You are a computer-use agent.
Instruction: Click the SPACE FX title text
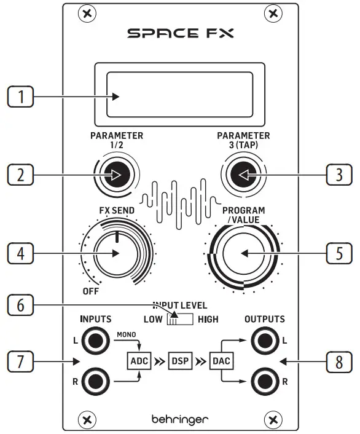coord(180,33)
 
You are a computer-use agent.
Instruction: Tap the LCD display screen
coord(180,96)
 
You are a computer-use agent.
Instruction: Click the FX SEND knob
coord(115,253)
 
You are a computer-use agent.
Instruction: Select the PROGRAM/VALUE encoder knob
coord(244,253)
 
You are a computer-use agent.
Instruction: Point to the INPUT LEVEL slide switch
coord(180,318)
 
